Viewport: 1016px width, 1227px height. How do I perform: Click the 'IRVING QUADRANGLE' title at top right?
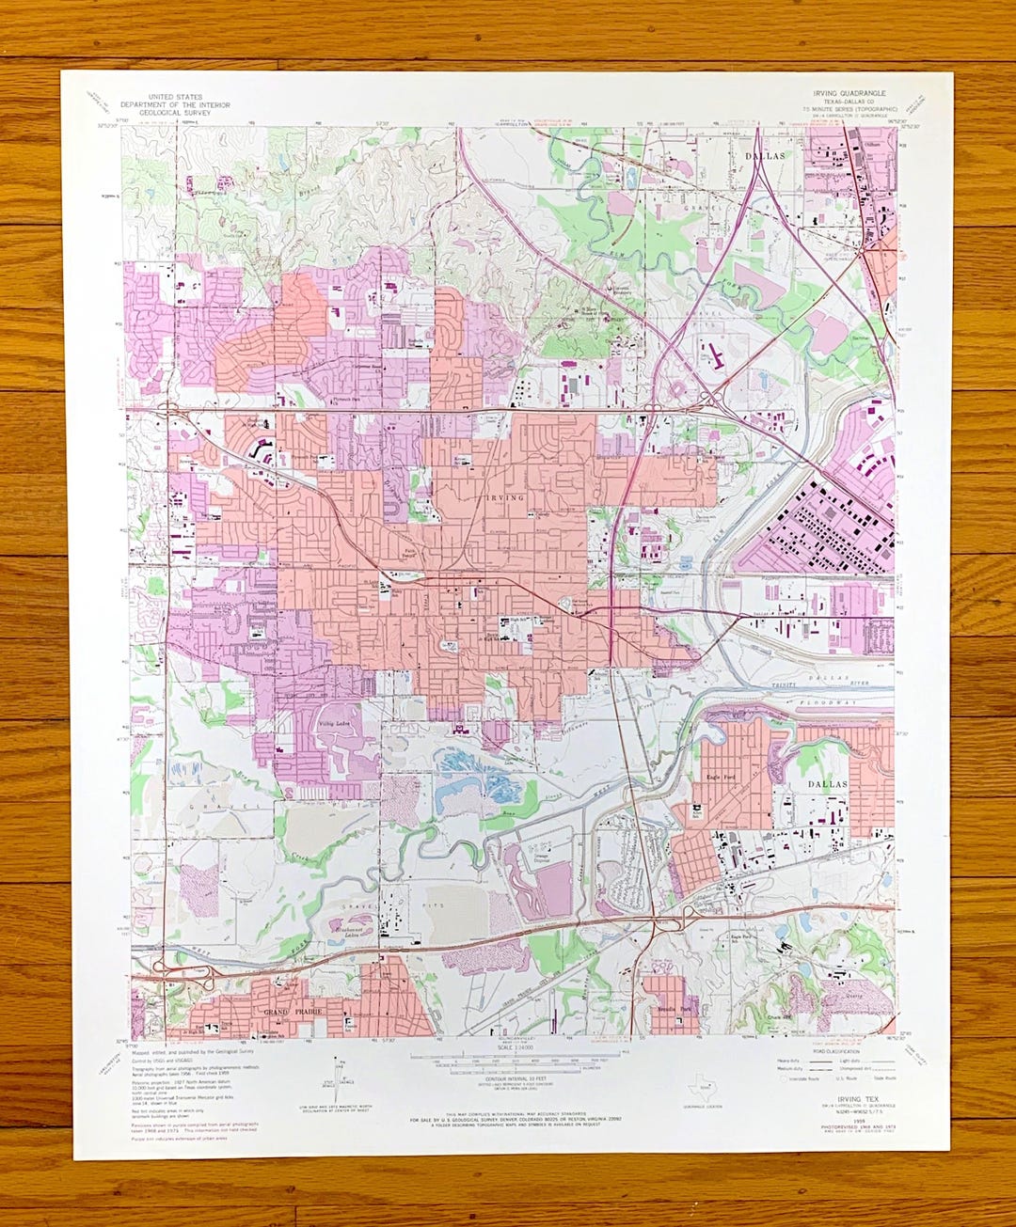pyautogui.click(x=849, y=94)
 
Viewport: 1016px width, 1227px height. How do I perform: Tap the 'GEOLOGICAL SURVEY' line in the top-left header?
pyautogui.click(x=175, y=113)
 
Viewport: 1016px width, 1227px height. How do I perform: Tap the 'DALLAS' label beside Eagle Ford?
pyautogui.click(x=827, y=783)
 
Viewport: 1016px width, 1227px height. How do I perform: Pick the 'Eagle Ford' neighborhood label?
pyautogui.click(x=720, y=778)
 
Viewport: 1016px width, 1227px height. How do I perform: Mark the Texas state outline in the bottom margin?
pyautogui.click(x=699, y=1084)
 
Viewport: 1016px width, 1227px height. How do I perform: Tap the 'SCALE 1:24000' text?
pyautogui.click(x=509, y=1046)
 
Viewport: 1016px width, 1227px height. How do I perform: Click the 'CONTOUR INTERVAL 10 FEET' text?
pyautogui.click(x=509, y=1078)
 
